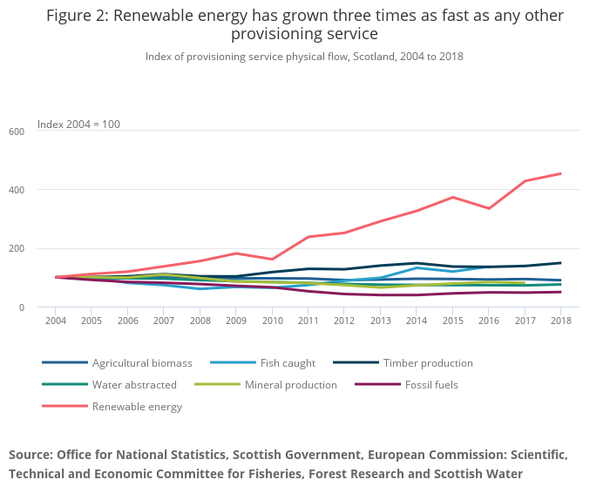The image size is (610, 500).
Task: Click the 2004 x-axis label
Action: (56, 320)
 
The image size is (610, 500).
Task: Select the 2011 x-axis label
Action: (308, 320)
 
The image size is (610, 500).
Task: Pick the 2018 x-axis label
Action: (560, 320)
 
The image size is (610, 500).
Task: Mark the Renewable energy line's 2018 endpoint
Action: (560, 173)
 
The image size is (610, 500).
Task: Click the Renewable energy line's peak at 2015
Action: (452, 197)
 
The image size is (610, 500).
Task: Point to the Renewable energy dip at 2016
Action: (489, 208)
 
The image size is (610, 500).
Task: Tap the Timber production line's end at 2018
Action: (560, 262)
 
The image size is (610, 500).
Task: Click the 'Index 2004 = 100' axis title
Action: (78, 125)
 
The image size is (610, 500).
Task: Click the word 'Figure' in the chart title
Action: (76, 16)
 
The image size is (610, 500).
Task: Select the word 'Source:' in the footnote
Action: (36, 455)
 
